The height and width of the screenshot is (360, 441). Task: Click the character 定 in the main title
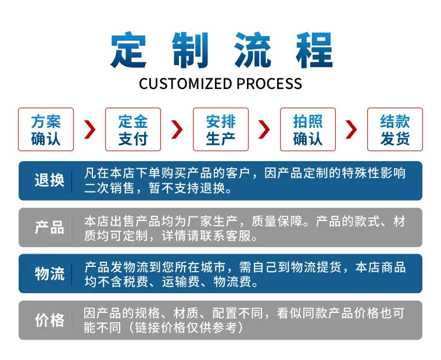point(128,50)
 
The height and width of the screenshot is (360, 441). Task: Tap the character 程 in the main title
point(314,50)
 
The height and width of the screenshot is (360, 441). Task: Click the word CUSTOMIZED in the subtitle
point(185,84)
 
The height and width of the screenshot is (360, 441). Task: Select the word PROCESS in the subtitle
point(269,84)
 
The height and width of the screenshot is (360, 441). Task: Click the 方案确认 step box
point(46,130)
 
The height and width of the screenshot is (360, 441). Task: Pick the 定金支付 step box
point(133,130)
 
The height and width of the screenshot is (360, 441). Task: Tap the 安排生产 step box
point(221,130)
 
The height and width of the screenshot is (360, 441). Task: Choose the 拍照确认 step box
point(308,130)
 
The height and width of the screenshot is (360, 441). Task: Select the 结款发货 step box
point(395,130)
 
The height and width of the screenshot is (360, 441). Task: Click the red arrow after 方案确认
point(90,130)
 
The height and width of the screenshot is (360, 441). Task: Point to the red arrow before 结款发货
point(352,130)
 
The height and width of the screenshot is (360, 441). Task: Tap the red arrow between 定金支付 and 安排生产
point(177,130)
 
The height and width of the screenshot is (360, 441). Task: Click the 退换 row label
point(49,180)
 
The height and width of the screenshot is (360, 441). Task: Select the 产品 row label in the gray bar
point(49,227)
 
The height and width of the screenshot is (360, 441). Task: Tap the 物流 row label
point(49,273)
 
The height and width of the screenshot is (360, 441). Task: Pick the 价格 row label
point(49,320)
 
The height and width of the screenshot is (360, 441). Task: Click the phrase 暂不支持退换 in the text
point(187,188)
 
